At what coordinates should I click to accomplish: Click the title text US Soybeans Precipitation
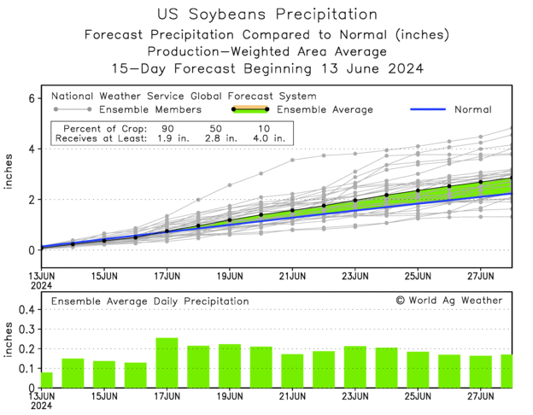(267, 15)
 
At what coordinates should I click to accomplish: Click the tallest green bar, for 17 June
(167, 363)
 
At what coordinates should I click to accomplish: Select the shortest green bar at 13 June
(47, 380)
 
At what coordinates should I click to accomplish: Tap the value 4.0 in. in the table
(266, 137)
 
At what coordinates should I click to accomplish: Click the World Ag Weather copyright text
(449, 301)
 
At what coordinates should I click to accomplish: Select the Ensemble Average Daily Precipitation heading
(149, 301)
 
